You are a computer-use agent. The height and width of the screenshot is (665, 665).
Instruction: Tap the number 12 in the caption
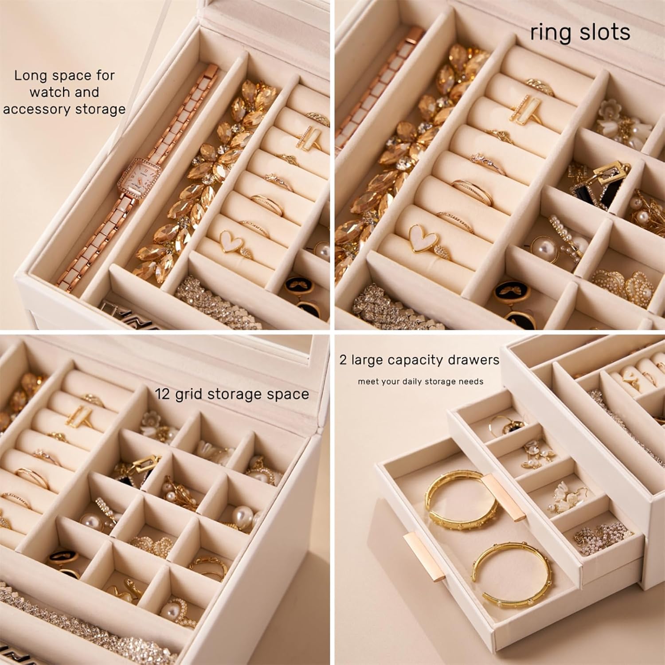(x=163, y=394)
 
